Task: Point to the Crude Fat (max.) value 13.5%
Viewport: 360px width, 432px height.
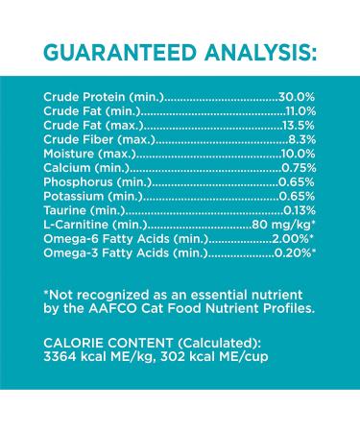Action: click(298, 126)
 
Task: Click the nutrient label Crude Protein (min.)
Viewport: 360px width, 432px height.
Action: click(104, 98)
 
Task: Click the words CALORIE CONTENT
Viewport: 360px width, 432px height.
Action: click(109, 343)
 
